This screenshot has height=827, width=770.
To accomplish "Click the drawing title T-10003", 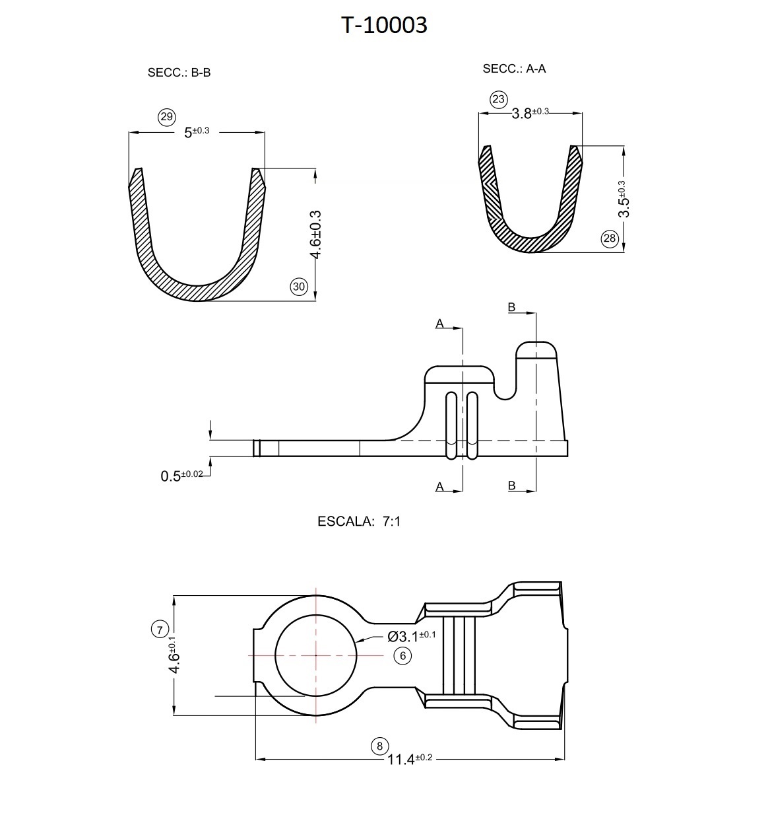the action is tap(383, 25).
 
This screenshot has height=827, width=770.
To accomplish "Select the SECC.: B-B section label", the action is tap(179, 73).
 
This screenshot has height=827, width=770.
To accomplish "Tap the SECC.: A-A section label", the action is tap(514, 69).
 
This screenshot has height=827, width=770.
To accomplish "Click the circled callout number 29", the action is tap(167, 117).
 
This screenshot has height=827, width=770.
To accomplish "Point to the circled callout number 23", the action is tap(498, 99).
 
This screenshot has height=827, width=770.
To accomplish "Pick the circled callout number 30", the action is tap(299, 287).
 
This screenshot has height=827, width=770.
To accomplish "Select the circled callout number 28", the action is tap(610, 238).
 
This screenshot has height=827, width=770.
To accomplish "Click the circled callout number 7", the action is tap(160, 629).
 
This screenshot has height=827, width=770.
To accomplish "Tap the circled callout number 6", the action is tap(402, 656).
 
